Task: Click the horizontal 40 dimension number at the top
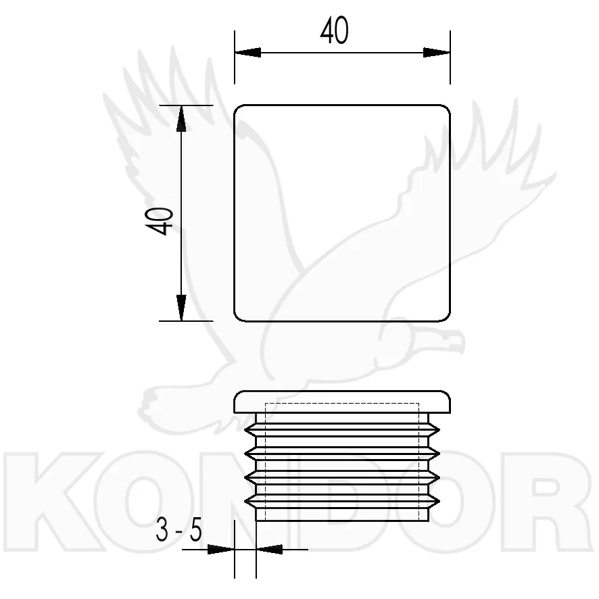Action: (334, 30)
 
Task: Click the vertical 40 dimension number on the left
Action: (160, 221)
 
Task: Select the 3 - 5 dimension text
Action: (178, 531)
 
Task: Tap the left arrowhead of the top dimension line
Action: (247, 53)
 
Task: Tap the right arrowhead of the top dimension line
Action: (437, 53)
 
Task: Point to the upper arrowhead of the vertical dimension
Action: (181, 118)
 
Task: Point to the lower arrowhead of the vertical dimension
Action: (181, 308)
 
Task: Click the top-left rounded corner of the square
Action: (237, 108)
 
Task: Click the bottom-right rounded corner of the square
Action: (447, 318)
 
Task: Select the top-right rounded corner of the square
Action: (447, 108)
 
